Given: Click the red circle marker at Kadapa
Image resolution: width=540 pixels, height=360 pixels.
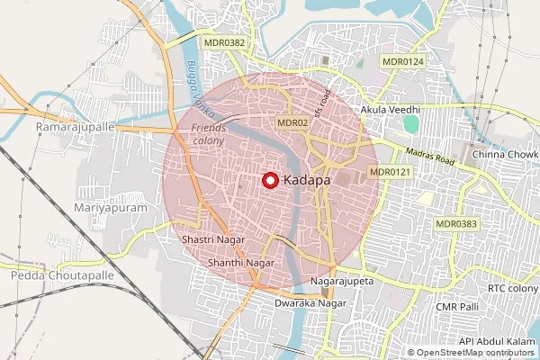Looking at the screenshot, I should point(269,180).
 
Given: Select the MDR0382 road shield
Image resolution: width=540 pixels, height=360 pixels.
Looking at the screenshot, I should point(225,41).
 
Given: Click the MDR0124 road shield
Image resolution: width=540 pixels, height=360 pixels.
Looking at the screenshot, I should point(403,61).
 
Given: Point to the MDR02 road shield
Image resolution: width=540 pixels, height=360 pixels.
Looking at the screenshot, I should point(293,121).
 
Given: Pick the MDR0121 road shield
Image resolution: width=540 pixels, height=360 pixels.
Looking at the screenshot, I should point(391,171).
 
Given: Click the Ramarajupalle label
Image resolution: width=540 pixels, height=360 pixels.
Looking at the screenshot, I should point(76,128).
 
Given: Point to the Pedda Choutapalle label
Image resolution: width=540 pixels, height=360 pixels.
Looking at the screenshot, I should point(57,274).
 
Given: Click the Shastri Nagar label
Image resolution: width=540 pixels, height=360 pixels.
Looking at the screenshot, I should point(212,241).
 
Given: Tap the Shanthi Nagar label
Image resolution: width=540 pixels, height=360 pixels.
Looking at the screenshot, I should point(240,262).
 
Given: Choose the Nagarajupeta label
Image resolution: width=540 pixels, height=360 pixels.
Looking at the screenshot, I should point(341,282).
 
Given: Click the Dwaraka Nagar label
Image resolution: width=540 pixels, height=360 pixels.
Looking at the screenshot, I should point(310,304).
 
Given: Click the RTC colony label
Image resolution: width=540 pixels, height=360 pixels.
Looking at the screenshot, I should point(513,288).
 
